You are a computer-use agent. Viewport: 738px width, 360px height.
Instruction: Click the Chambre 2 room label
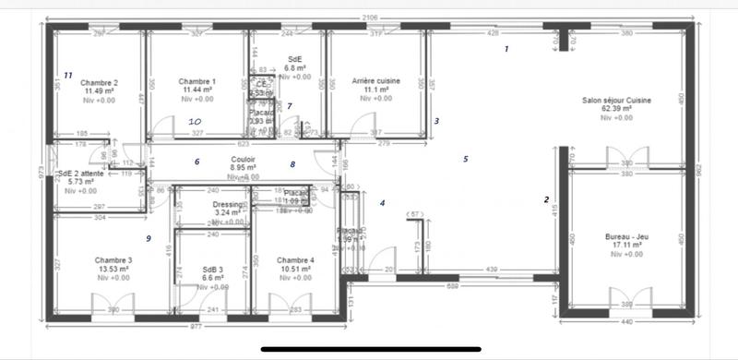coord(99,82)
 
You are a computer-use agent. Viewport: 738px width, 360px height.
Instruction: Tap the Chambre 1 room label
coord(197,82)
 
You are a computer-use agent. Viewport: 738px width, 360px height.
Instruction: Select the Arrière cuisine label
coord(376,82)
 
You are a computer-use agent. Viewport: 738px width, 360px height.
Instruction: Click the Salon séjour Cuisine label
coord(617,100)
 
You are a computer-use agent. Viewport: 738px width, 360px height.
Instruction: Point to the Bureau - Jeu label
coord(619,237)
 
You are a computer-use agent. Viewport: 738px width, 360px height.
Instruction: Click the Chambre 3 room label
coord(112,260)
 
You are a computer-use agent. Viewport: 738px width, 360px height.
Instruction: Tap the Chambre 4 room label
coord(295,260)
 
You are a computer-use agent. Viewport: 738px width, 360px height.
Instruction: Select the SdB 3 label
coord(213,270)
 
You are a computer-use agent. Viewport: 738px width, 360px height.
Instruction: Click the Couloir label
coord(244,159)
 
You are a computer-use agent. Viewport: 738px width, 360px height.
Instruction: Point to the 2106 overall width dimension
coord(368,18)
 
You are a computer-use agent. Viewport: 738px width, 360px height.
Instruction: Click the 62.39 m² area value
coord(617,109)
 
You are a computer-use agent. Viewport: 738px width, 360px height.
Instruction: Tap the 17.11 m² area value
coord(619,246)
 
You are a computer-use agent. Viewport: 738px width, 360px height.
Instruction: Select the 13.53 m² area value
coord(112,270)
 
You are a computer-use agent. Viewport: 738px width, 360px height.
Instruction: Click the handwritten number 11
coord(67,75)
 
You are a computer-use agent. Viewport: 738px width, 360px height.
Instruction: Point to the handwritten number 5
coord(467,159)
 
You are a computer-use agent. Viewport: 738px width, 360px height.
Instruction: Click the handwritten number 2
coord(546,199)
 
